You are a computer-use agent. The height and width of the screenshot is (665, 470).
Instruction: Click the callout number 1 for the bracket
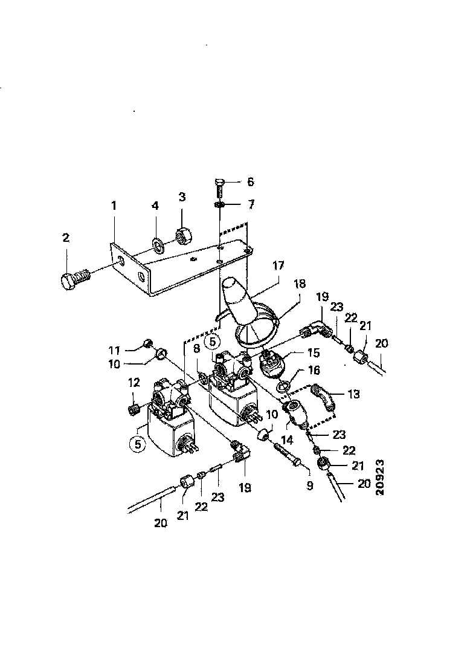pyautogui.click(x=113, y=206)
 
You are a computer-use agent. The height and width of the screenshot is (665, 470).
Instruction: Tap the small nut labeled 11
pyautogui.click(x=147, y=345)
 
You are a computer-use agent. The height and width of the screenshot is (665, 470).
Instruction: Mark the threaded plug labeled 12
pyautogui.click(x=134, y=409)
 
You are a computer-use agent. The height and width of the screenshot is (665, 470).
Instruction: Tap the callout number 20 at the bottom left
pyautogui.click(x=160, y=523)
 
